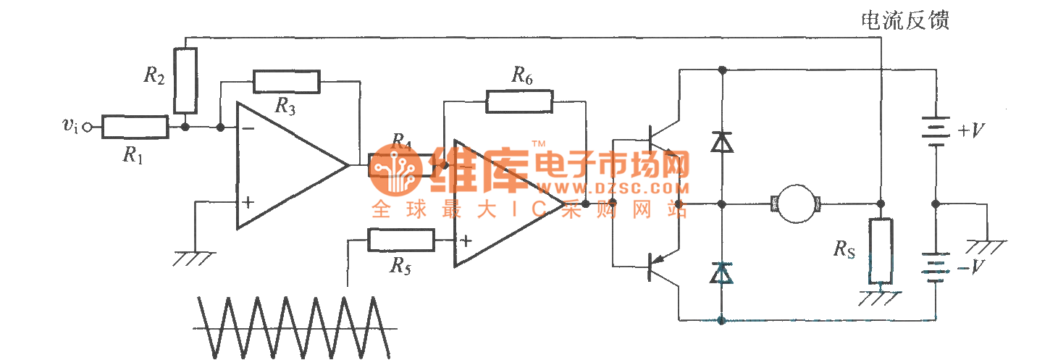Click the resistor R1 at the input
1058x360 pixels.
pos(135,127)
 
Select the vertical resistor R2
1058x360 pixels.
pos(186,80)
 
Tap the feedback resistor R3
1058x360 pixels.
pos(286,82)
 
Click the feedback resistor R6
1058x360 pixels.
pos(519,101)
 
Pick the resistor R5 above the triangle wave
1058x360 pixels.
pos(401,240)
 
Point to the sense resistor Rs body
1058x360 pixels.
pos(881,251)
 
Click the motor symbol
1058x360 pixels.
pos(795,204)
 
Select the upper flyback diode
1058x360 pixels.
pos(721,142)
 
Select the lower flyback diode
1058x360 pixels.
pos(721,272)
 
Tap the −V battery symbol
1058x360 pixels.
pos(936,267)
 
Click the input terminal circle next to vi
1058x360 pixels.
pos(88,128)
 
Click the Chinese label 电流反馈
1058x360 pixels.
pos(903,20)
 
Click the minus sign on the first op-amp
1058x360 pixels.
pos(248,129)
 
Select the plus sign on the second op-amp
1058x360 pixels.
pos(465,241)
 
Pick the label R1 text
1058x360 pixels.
pos(132,156)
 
